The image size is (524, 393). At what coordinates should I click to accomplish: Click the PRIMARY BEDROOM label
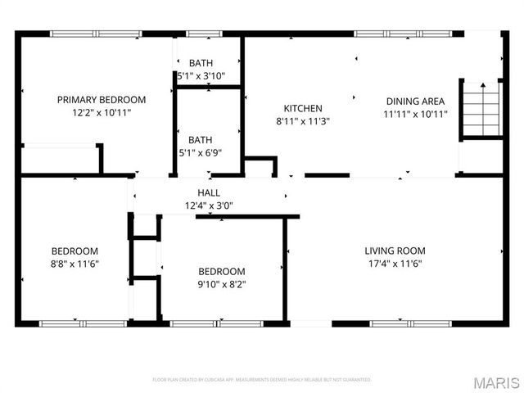pyautogui.click(x=102, y=100)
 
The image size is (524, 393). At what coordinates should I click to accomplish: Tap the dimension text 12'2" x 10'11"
pyautogui.click(x=102, y=113)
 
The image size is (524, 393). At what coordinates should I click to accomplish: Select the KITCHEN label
pyautogui.click(x=303, y=108)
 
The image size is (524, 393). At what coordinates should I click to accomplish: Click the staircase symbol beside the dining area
pyautogui.click(x=480, y=110)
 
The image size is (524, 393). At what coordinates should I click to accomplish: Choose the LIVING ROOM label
pyautogui.click(x=395, y=251)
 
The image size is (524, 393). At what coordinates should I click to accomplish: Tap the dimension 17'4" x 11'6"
pyautogui.click(x=395, y=264)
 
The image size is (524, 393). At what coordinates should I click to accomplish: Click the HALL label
pyautogui.click(x=209, y=192)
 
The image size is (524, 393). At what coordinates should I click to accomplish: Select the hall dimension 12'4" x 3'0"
pyautogui.click(x=209, y=206)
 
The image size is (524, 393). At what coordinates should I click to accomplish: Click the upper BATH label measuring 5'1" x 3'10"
pyautogui.click(x=201, y=63)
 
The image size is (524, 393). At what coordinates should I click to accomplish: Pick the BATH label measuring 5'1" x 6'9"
pyautogui.click(x=201, y=139)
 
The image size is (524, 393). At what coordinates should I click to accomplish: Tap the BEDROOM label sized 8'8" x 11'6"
pyautogui.click(x=75, y=251)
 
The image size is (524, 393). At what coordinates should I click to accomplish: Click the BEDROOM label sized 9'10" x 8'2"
pyautogui.click(x=221, y=272)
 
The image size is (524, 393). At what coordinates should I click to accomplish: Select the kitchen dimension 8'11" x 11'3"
pyautogui.click(x=303, y=121)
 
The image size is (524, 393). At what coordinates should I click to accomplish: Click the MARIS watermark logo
pyautogui.click(x=495, y=382)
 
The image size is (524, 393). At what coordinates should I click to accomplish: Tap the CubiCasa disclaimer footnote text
pyautogui.click(x=262, y=380)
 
